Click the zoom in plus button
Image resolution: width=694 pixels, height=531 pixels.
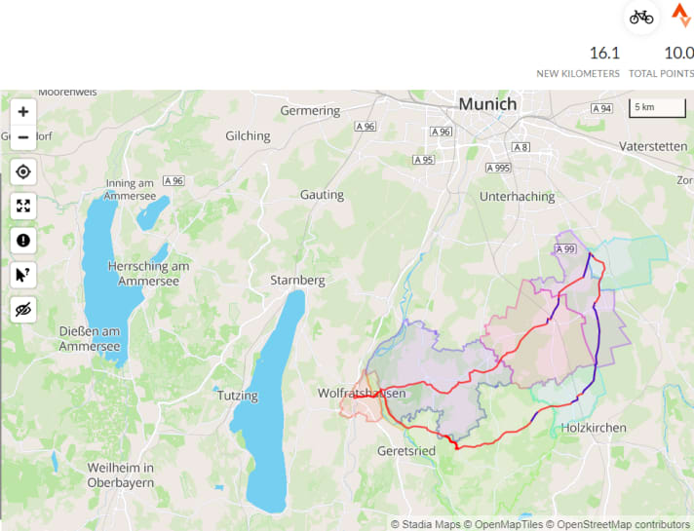[x=23, y=112]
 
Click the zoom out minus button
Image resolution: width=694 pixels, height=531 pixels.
[x=23, y=137]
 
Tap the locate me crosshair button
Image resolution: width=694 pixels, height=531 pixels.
[x=23, y=172]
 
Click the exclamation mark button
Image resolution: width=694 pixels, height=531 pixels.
[x=23, y=241]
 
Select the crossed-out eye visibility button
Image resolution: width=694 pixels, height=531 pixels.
[x=23, y=309]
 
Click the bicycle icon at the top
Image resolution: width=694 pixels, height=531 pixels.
[x=640, y=17]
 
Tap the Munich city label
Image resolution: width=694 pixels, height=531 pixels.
[x=487, y=104]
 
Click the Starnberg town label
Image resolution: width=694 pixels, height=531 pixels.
[x=297, y=281]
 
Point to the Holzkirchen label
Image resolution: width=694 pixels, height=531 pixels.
[x=594, y=428]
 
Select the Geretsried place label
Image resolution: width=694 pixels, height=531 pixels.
[x=406, y=451]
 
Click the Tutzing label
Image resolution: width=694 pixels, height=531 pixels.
[x=238, y=396]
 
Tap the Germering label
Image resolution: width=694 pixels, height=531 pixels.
[x=310, y=111]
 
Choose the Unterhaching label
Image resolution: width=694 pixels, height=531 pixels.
[x=517, y=196]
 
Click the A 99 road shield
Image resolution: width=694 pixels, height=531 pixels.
[x=564, y=249]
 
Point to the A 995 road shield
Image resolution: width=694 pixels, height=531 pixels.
[x=498, y=169]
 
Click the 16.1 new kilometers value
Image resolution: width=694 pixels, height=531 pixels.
[x=604, y=53]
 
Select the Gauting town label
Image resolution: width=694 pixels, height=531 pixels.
[x=322, y=195]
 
